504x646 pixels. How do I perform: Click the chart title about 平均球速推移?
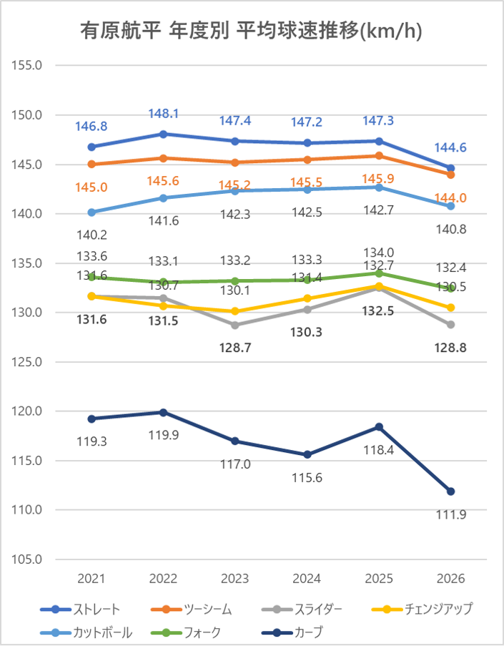(x=251, y=31)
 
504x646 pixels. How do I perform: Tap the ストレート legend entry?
(x=80, y=609)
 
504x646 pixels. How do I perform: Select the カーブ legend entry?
(x=292, y=632)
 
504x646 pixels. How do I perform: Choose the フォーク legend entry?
(x=186, y=632)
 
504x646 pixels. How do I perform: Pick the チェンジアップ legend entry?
(x=422, y=609)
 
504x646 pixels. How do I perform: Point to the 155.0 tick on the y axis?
(x=26, y=65)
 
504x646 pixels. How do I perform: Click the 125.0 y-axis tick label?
(x=26, y=362)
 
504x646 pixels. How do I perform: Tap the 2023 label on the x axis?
(x=235, y=579)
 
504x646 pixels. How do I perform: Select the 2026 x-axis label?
(x=451, y=579)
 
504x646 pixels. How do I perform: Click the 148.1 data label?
(x=164, y=113)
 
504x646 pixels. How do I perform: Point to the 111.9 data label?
(x=451, y=514)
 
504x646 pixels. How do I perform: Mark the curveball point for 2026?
(x=451, y=491)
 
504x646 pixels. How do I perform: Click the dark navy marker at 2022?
(x=164, y=412)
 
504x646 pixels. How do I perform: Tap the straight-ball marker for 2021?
(x=92, y=147)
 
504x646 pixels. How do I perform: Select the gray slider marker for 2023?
(x=235, y=325)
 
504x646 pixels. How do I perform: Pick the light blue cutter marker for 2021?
(x=92, y=212)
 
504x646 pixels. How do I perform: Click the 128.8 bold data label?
(x=451, y=348)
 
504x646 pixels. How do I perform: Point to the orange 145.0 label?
(x=92, y=187)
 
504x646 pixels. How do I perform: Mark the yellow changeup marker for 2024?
(x=307, y=298)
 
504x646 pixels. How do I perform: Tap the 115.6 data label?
(x=307, y=478)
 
